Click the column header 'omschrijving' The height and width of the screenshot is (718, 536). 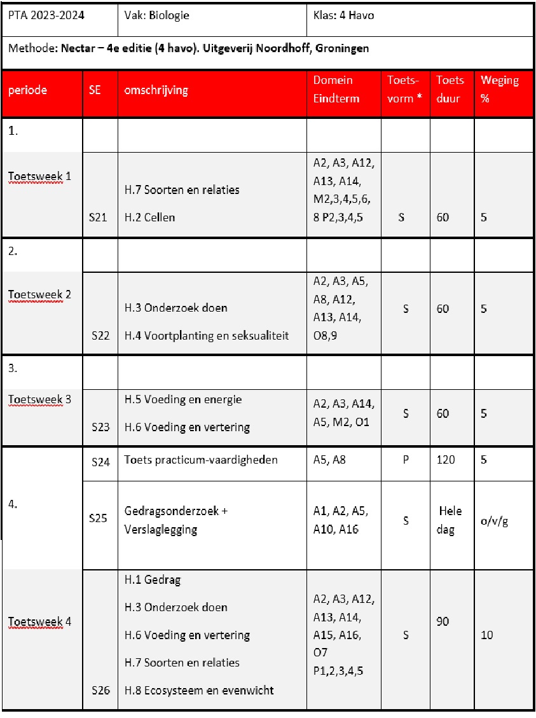tap(156, 90)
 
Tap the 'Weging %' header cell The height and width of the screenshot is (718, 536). tap(500, 90)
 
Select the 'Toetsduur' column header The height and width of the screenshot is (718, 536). tap(450, 90)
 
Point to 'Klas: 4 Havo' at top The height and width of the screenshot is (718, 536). tap(343, 15)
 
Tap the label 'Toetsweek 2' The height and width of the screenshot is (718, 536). tap(39, 294)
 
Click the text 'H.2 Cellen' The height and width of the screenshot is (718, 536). tap(149, 217)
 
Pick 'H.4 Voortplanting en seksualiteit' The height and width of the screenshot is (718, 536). tap(207, 335)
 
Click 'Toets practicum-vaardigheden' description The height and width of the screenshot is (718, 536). tap(201, 460)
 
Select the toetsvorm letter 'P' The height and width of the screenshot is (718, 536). tap(405, 460)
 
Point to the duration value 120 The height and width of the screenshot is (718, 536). tap(446, 460)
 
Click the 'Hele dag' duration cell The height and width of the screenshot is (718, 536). tap(450, 520)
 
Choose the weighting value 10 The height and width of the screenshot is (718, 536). tap(487, 635)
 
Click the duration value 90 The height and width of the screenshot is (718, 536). tap(444, 621)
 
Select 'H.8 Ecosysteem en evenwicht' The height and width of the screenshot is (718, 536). tap(199, 690)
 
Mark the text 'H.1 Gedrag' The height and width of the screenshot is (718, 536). tap(153, 580)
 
